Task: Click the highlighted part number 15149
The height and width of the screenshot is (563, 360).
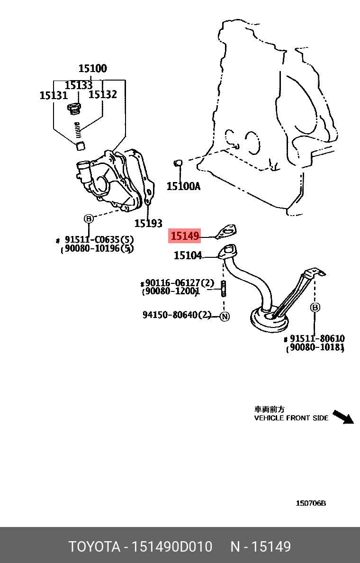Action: pyautogui.click(x=185, y=236)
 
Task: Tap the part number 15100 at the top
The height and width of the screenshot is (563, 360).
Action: pyautogui.click(x=92, y=68)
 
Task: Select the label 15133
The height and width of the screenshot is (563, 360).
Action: pyautogui.click(x=79, y=85)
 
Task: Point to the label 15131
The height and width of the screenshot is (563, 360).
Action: pyautogui.click(x=54, y=95)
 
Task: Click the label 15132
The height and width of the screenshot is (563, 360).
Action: pyautogui.click(x=103, y=94)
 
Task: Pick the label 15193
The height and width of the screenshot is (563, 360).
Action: pyautogui.click(x=148, y=223)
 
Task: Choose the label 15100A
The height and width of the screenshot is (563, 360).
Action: pyautogui.click(x=183, y=186)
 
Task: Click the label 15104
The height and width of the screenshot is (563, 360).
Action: pyautogui.click(x=188, y=256)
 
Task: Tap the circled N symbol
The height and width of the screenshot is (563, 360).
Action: pyautogui.click(x=225, y=316)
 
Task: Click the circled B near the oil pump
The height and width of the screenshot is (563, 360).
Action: pyautogui.click(x=89, y=218)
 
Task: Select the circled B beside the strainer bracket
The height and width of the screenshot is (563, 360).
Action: pyautogui.click(x=315, y=308)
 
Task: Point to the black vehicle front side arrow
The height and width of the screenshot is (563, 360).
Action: pyautogui.click(x=343, y=417)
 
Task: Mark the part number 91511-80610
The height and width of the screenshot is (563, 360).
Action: pyautogui.click(x=317, y=338)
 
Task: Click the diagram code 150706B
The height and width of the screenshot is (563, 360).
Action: pyautogui.click(x=311, y=503)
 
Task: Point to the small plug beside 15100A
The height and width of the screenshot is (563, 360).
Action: pyautogui.click(x=179, y=164)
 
